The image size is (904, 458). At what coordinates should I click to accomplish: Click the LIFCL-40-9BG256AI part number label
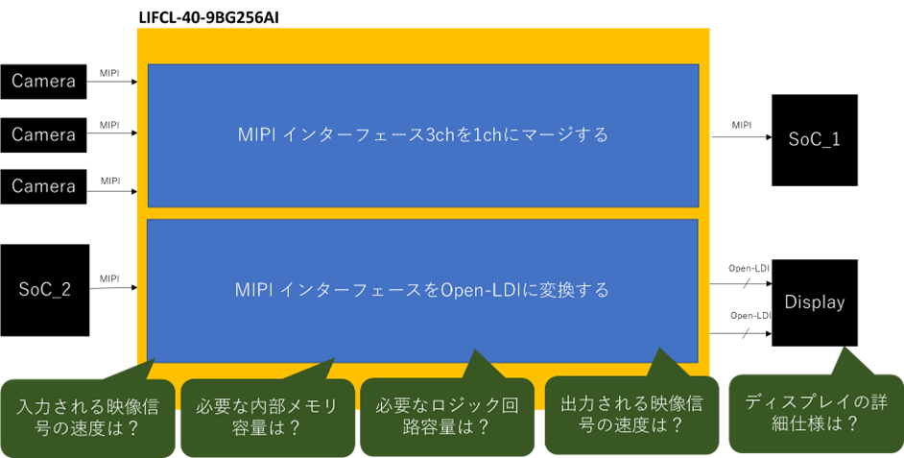coord(208,17)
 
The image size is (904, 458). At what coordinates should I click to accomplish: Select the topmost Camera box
coord(43,82)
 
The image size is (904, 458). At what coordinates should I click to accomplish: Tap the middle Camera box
coord(43,135)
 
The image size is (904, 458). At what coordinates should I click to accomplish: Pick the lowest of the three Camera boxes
coord(43,186)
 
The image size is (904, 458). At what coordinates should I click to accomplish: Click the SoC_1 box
coord(815,140)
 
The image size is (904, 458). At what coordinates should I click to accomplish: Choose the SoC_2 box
coord(45,290)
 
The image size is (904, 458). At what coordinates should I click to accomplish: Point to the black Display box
coord(815,302)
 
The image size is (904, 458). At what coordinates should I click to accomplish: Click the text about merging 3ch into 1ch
coord(423,135)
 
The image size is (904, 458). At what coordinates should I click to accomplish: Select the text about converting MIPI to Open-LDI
coord(422,290)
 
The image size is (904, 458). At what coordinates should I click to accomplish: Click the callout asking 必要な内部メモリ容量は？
coord(268,418)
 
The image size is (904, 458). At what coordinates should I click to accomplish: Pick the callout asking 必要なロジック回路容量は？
coord(447,417)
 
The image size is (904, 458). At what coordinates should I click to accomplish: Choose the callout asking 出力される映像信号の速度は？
coord(631,414)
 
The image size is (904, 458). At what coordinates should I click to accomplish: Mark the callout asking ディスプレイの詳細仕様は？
coord(817,413)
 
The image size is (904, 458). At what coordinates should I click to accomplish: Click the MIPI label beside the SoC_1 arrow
coord(742,125)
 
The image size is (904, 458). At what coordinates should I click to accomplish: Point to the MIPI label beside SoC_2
coord(109,278)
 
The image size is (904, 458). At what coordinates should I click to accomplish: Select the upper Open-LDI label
coord(749,268)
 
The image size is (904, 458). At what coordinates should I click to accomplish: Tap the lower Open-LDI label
coord(750,316)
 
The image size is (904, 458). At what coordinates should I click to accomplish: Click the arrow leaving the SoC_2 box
coord(113,288)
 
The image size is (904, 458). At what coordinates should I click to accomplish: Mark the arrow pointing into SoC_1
coord(742,137)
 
